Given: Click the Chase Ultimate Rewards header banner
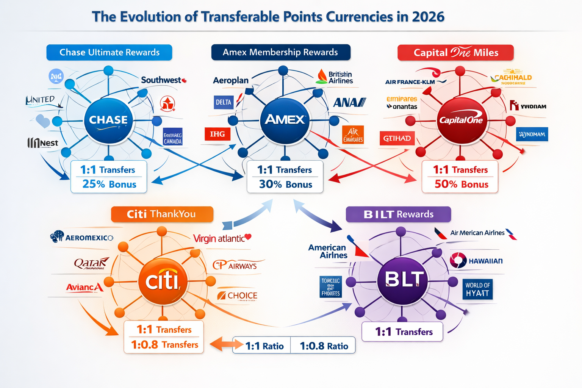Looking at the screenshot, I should coord(109,52).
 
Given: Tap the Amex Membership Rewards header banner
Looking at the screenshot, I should coord(280,52).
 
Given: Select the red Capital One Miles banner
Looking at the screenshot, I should coord(455,53).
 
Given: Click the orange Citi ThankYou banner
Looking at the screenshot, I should coord(162,214).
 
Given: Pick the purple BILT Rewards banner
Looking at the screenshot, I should coord(398,214).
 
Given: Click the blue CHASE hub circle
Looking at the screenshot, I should coord(108,120).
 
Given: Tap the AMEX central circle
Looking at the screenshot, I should coord(285,120).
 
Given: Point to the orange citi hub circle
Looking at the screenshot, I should coord(163,281).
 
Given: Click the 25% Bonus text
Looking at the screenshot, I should coord(109,184).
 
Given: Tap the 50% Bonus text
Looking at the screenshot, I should coord(461,184).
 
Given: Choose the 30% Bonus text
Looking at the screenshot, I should coord(285,185).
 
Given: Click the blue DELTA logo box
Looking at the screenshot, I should coord(224,102).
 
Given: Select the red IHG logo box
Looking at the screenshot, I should coord(217,134).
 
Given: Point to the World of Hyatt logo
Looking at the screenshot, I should coord(477,289).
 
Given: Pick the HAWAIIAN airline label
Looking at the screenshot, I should coord(485,261).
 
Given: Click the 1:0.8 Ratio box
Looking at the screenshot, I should coord(324,346).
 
